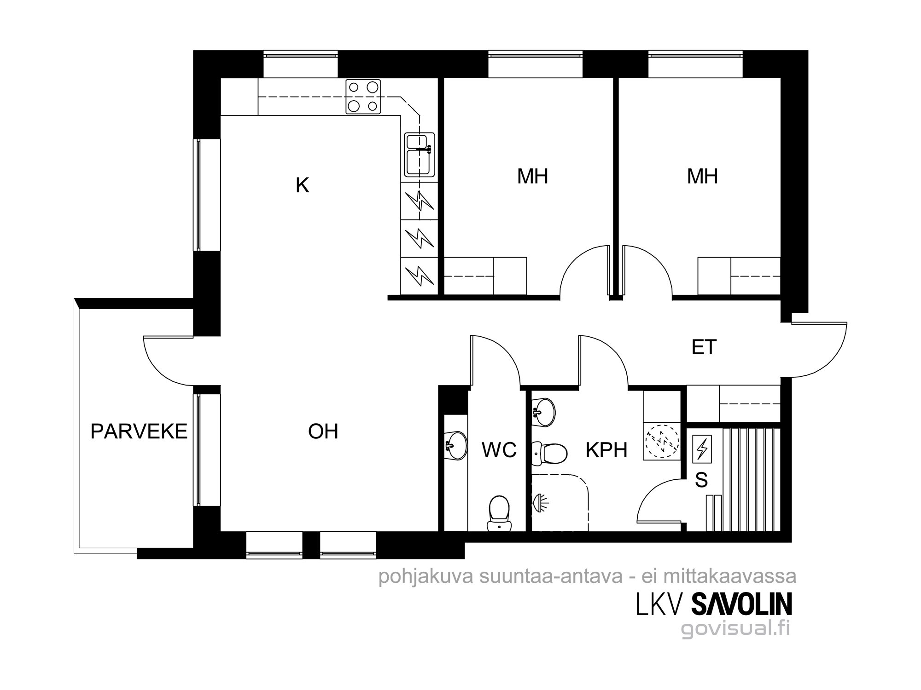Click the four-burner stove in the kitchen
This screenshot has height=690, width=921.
(363, 96)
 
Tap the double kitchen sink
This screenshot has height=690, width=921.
(420, 155)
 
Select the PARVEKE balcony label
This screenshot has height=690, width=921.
(139, 431)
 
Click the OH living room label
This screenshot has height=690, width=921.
(323, 431)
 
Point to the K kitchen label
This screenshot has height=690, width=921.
(302, 185)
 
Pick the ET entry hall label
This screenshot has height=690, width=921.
(704, 347)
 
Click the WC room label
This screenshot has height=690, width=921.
(499, 450)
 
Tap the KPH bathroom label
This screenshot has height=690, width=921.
(606, 450)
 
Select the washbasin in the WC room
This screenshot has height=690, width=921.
(456, 445)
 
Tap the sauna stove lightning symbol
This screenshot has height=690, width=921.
(702, 448)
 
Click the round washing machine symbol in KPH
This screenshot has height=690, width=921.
(662, 442)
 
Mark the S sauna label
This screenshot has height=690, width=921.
(701, 480)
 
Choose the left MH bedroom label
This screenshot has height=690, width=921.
(532, 176)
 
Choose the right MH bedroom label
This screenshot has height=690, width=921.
(702, 176)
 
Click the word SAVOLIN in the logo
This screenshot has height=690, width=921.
(742, 604)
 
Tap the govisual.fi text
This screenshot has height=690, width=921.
(736, 628)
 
